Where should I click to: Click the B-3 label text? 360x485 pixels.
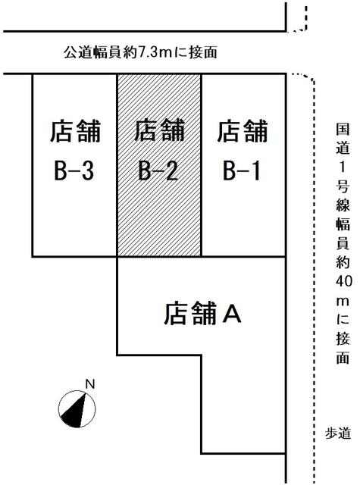tap(74, 171)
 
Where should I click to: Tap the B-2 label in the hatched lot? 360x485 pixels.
tap(158, 171)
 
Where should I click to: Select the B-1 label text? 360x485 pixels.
tap(242, 171)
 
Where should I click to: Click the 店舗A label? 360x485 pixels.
tap(202, 314)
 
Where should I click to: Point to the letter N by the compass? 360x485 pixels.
tap(89, 384)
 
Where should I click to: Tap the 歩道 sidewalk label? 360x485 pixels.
tap(338, 433)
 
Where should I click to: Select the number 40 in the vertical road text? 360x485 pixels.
tap(343, 281)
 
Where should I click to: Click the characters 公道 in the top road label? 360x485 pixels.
tap(76, 52)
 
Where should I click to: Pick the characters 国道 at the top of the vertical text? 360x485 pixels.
tap(343, 139)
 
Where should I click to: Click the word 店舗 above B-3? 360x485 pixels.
tap(76, 131)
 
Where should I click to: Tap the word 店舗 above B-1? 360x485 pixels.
tap(243, 131)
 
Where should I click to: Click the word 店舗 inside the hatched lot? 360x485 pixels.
tap(159, 131)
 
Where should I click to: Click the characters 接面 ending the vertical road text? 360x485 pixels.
tap(343, 348)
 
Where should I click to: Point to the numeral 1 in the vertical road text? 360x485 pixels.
tap(343, 167)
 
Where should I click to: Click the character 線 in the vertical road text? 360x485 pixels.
tap(343, 204)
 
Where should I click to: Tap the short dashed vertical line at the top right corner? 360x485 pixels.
tap(306, 17)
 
